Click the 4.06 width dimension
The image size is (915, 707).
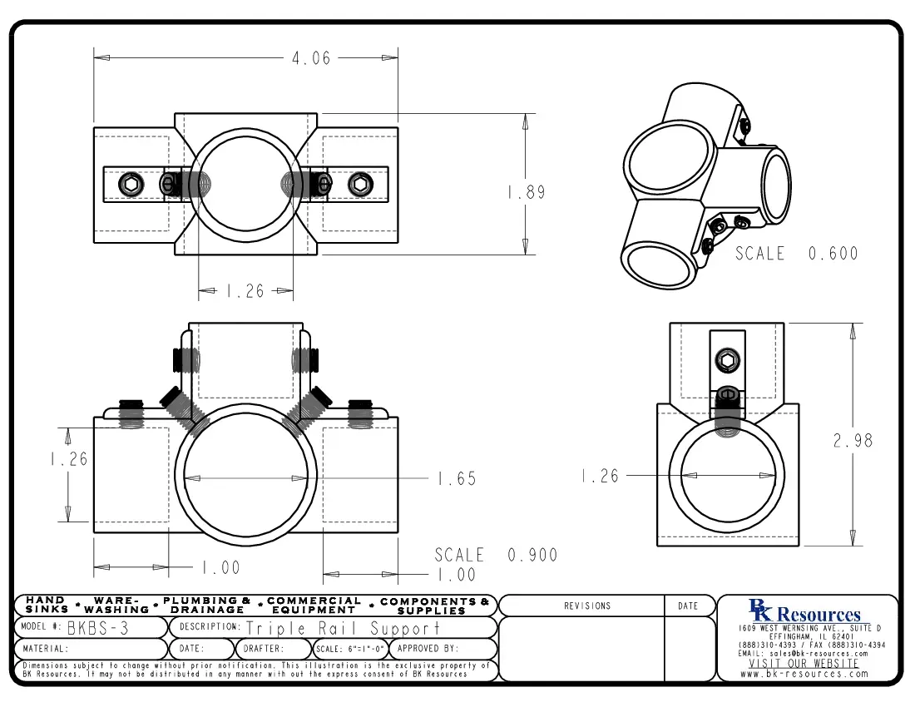coord(310,58)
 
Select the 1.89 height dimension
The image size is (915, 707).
coord(527,192)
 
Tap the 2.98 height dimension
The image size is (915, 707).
coord(853,441)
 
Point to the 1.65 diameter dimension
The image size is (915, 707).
coord(457,479)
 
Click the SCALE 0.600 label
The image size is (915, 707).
coord(796,254)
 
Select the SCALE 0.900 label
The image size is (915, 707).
coord(496,555)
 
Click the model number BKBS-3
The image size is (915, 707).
coord(97,628)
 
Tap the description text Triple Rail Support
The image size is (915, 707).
coord(343,628)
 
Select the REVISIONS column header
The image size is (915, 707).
coord(587,606)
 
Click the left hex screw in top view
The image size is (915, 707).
coord(130,184)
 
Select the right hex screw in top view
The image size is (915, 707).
coord(360,184)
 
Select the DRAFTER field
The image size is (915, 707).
coord(264,648)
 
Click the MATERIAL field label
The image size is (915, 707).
coord(46,648)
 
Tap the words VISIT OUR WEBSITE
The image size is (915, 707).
coord(804,664)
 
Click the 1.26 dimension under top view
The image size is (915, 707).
coord(245,291)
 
